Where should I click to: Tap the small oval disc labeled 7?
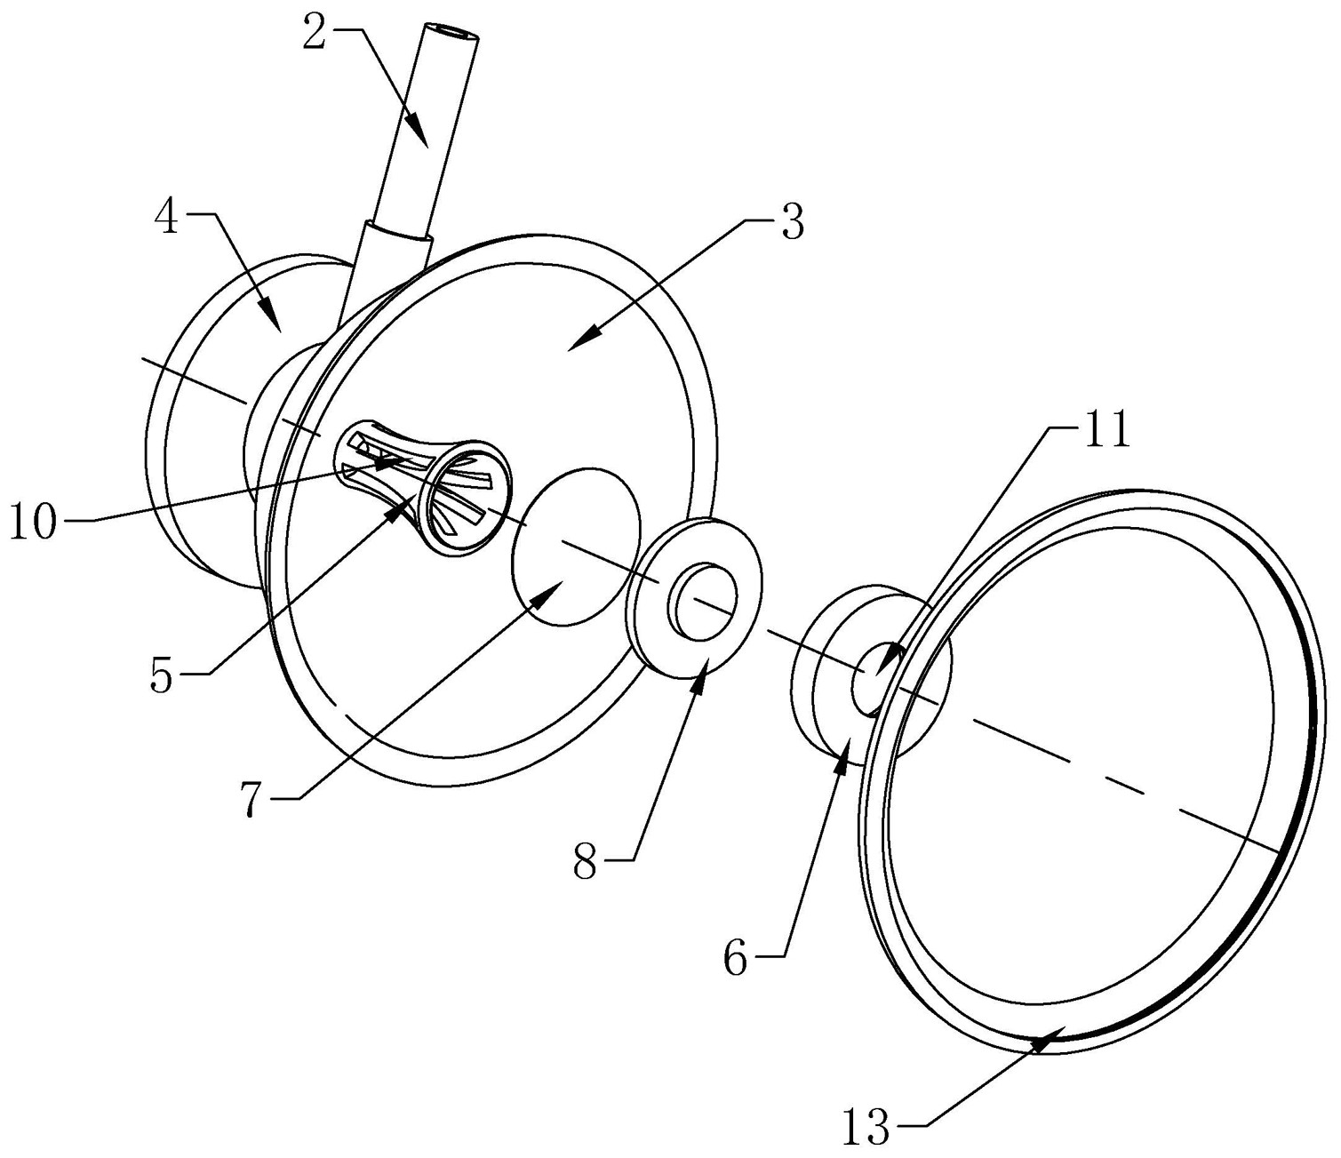[576, 547]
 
